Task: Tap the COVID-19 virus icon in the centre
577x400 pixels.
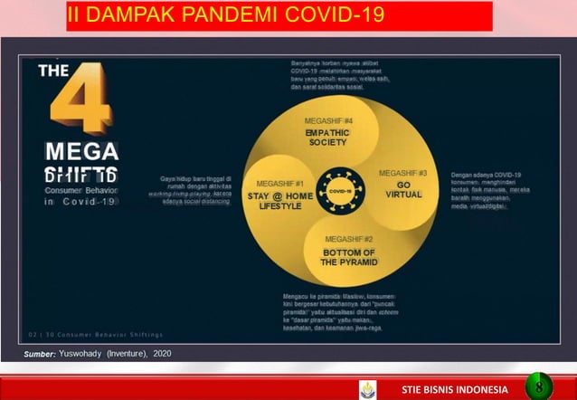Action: click(341, 191)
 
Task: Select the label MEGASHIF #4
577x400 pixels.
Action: click(328, 121)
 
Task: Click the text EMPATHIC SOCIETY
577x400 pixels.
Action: click(327, 138)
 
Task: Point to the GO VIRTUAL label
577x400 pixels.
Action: click(403, 189)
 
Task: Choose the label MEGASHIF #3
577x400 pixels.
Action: click(403, 173)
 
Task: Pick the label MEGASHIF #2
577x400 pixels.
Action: click(348, 239)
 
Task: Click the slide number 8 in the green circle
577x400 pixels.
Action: click(538, 386)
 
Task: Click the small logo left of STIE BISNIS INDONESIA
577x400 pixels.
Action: click(367, 388)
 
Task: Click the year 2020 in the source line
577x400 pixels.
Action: click(160, 352)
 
